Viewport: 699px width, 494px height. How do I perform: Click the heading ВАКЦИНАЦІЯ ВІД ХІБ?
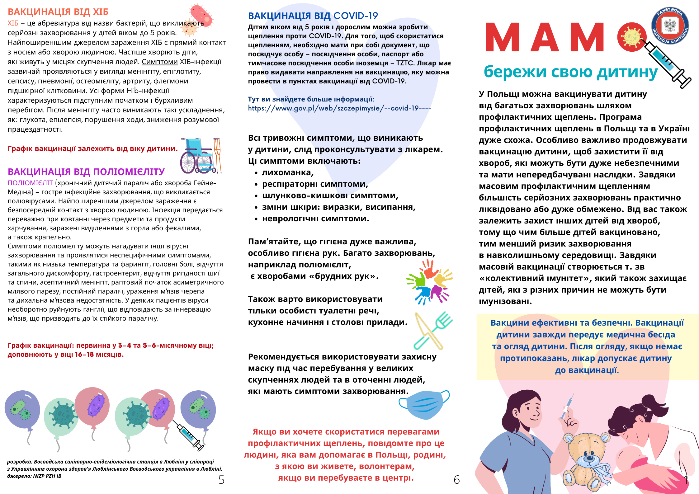[x=58, y=12]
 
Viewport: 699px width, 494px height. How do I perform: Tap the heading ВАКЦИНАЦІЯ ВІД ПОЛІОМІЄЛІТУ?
[x=86, y=172]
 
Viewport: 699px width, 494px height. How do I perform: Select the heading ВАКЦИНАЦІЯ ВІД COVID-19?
[x=313, y=16]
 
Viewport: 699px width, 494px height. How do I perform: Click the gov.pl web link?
[x=339, y=108]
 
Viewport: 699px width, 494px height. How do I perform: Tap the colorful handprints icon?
[x=430, y=282]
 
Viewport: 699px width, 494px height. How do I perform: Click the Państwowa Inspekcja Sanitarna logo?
[x=670, y=26]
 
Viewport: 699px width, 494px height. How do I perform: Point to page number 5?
[x=221, y=480]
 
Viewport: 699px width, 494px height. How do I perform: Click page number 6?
[x=456, y=480]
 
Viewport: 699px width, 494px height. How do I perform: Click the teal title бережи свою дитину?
[x=570, y=72]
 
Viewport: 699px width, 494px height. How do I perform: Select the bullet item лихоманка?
[x=287, y=172]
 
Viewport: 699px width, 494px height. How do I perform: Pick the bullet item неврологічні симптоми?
[x=315, y=219]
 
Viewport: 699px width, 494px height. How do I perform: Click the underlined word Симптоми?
[x=159, y=62]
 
